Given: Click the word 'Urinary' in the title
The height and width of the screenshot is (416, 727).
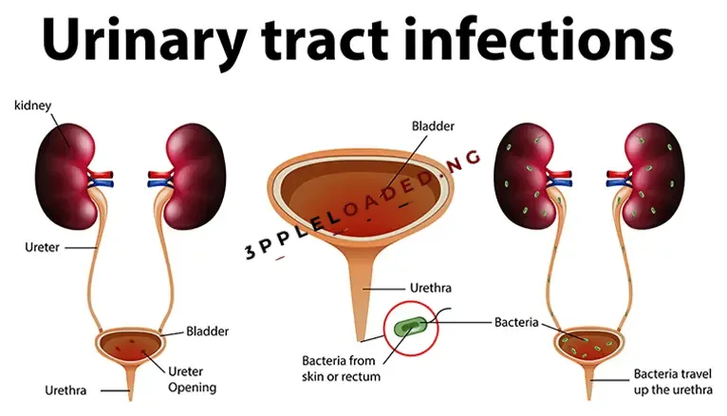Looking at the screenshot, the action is click(x=144, y=40).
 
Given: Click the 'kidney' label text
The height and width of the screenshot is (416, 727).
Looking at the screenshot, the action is click(x=33, y=106).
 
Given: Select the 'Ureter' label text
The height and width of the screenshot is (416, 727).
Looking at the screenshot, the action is click(x=42, y=247).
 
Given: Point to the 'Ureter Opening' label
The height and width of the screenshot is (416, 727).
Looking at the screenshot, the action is click(x=192, y=379).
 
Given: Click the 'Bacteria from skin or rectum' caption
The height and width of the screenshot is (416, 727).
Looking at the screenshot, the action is click(x=341, y=369).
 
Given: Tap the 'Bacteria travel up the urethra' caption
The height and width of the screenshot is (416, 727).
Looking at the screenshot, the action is click(x=673, y=382).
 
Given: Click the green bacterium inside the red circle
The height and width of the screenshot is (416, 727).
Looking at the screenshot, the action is click(x=410, y=328).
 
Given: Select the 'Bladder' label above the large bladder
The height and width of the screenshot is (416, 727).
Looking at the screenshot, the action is click(x=433, y=126).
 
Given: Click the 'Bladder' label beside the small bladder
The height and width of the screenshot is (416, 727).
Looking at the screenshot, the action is click(x=207, y=331).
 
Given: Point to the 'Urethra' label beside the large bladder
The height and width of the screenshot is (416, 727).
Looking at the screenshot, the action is click(x=430, y=288).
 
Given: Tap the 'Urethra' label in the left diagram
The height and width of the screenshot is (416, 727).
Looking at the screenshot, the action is click(x=65, y=390).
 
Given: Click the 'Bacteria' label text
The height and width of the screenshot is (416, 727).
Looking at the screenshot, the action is click(x=516, y=322).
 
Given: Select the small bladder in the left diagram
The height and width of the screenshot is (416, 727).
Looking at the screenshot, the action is click(x=130, y=344).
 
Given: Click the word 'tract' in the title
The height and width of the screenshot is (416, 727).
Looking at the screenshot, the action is click(x=325, y=40).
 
